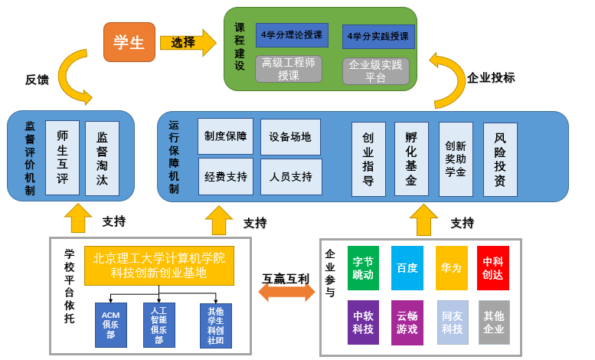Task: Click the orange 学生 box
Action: tap(129, 42)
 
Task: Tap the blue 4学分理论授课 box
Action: tap(292, 35)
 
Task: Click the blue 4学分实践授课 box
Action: tap(378, 36)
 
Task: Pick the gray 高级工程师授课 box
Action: tap(289, 69)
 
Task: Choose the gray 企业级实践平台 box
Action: tap(375, 71)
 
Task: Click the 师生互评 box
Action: tap(62, 158)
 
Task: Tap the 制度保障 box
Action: tap(225, 136)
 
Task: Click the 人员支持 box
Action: tap(291, 177)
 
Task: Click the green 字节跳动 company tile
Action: tap(363, 268)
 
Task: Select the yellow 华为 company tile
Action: tap(451, 268)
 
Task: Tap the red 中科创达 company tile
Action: tap(492, 268)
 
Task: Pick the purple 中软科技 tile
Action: tap(363, 322)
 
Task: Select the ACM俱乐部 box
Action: tap(110, 325)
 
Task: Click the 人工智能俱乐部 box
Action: tap(159, 325)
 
